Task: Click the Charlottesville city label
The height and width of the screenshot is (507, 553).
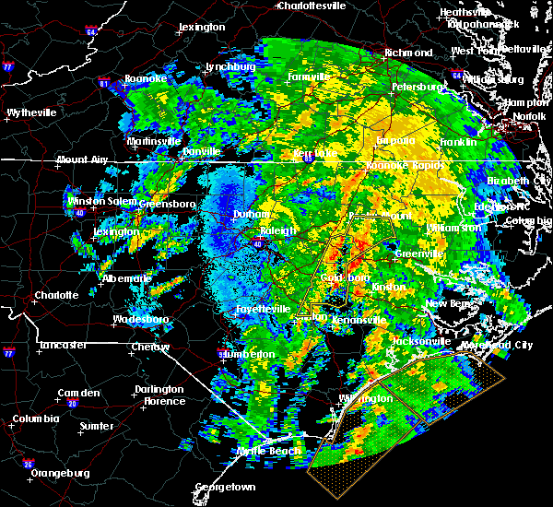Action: pos(312,6)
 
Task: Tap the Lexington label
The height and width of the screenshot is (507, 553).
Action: pos(202,27)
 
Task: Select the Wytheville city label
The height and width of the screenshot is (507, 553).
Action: pos(31,112)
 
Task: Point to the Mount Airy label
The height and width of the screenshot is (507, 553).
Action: pos(81,159)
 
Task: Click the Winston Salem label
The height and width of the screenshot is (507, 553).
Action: pos(99,201)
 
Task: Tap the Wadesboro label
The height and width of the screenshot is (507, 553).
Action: pos(138,319)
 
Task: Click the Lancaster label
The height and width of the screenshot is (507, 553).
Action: pos(63,345)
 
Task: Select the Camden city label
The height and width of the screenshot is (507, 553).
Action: pos(78,393)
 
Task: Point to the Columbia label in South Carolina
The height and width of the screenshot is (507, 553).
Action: pos(36,419)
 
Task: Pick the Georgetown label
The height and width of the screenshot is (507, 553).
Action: pos(225,487)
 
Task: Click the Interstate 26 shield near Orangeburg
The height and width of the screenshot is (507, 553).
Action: pos(29,464)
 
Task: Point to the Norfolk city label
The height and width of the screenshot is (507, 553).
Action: pos(529,116)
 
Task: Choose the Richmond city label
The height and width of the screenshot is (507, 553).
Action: pos(407,53)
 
